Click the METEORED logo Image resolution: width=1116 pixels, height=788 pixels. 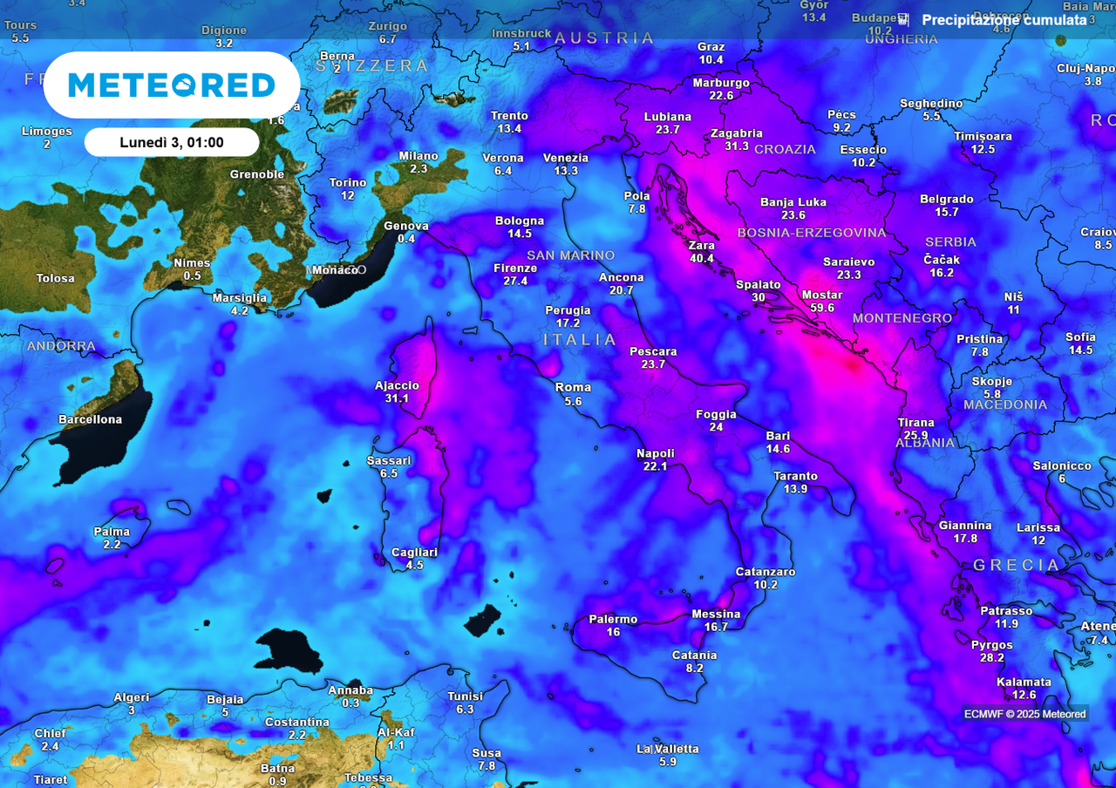[x=172, y=85]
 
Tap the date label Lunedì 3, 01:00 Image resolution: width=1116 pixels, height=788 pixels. [x=172, y=142]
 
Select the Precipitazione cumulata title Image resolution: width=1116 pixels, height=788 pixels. [x=1004, y=20]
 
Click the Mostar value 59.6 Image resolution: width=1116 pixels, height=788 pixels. [x=821, y=308]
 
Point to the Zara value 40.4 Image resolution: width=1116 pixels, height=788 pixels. [x=701, y=258]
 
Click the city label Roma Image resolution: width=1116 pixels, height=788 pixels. [x=573, y=387]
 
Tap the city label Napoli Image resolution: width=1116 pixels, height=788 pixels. [x=656, y=453]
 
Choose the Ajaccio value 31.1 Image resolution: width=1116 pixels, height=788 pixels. [x=397, y=398]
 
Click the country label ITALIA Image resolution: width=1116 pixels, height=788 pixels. [x=581, y=339]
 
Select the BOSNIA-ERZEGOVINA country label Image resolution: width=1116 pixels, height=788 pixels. [x=812, y=233]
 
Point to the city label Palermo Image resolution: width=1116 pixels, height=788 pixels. [x=613, y=619]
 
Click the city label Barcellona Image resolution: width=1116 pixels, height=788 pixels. [x=91, y=419]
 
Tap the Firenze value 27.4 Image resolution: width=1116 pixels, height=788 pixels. [x=515, y=281]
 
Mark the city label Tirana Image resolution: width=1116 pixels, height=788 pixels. [x=915, y=423]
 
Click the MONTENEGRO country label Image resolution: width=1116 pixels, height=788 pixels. [x=902, y=318]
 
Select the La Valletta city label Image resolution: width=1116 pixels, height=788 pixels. [x=668, y=749]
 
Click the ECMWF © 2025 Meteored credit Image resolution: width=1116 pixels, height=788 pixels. [x=1025, y=714]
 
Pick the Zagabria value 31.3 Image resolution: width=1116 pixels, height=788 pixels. [x=737, y=146]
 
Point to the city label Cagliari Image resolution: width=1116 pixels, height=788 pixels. [x=414, y=552]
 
